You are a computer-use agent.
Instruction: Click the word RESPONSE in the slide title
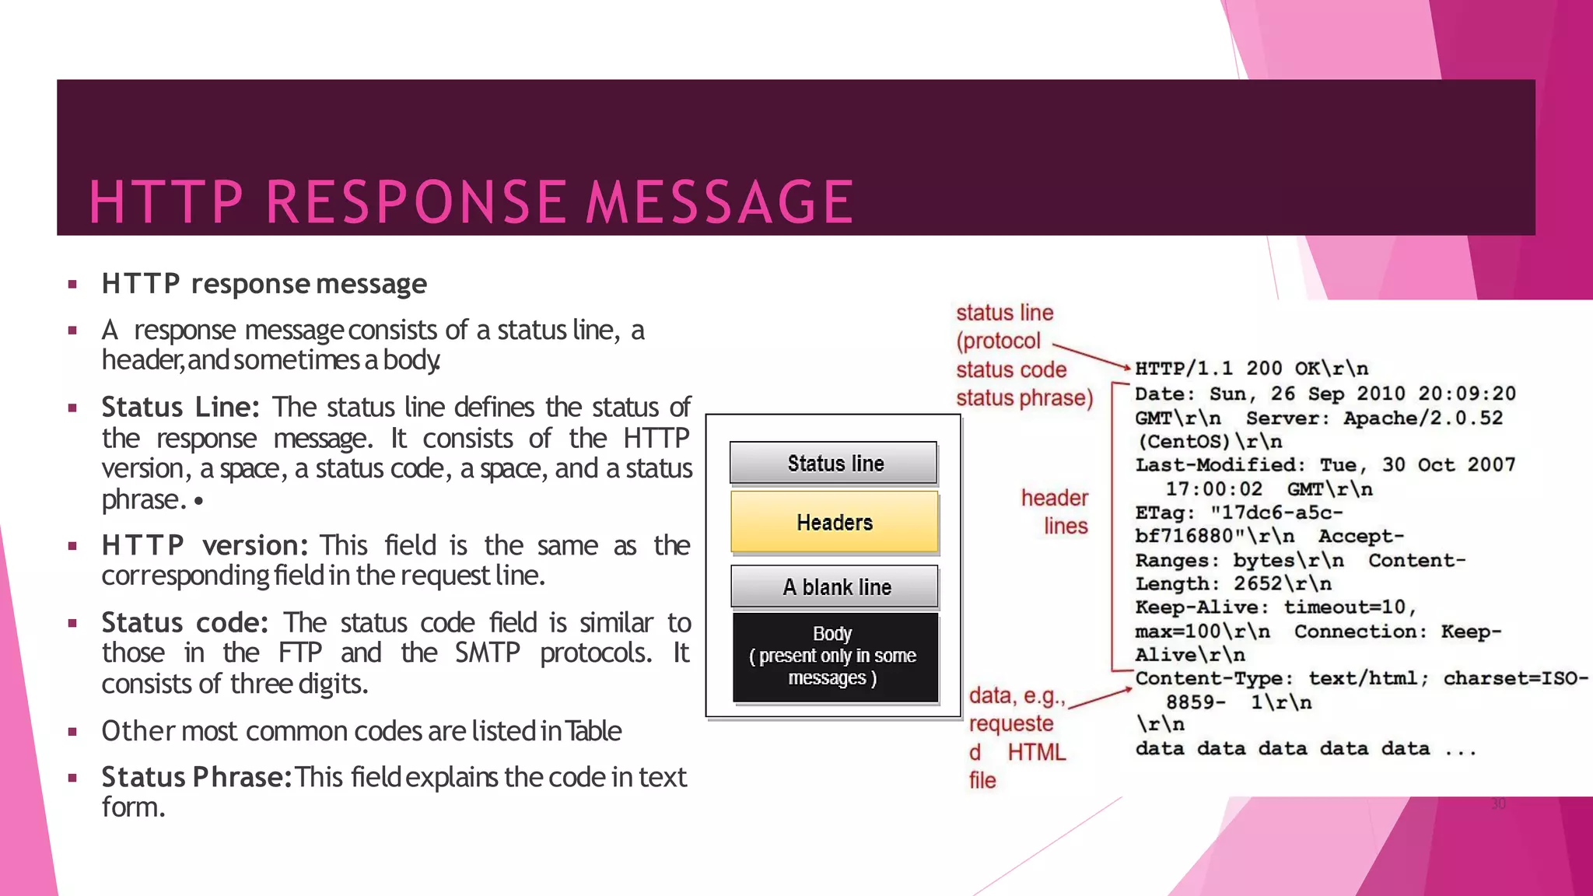coord(416,202)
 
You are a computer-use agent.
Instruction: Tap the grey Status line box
coord(833,464)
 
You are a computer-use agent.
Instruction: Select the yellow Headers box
coord(834,522)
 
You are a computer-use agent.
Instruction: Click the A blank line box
coord(835,587)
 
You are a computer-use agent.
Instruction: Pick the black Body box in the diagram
coord(835,656)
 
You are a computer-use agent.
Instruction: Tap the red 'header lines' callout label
coord(1056,512)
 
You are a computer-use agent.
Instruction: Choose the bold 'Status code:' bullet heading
coord(185,623)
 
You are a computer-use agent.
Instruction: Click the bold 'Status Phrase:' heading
coord(196,777)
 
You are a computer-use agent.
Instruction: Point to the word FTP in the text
coord(300,653)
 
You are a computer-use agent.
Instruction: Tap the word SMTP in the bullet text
coord(487,653)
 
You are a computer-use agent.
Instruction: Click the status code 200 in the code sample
coord(1264,369)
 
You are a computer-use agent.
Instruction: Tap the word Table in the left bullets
coord(593,731)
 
